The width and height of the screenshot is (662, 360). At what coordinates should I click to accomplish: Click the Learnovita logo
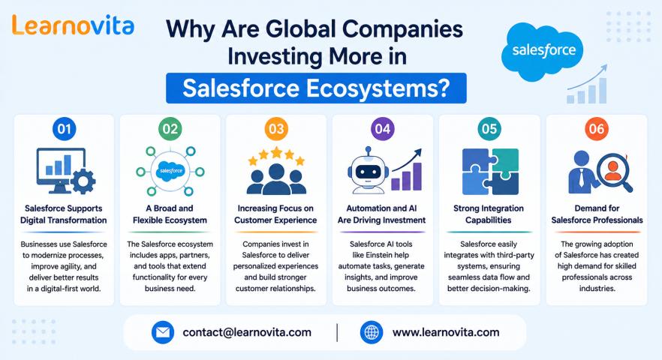click(x=73, y=25)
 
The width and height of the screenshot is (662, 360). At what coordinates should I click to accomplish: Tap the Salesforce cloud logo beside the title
click(x=543, y=51)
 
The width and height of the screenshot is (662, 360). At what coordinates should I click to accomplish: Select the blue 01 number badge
click(x=65, y=129)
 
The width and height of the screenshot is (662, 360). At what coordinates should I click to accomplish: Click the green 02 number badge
click(x=170, y=129)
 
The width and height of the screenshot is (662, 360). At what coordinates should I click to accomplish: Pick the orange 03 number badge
click(x=276, y=129)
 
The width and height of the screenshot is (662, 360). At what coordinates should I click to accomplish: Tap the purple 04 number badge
click(x=383, y=129)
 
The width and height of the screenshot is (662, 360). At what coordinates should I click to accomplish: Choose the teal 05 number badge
click(x=489, y=129)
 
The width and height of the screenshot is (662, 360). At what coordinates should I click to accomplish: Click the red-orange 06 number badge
click(x=597, y=129)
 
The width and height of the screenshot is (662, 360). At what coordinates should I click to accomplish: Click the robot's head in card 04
click(x=368, y=170)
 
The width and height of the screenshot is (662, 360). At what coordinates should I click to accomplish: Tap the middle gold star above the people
click(x=276, y=152)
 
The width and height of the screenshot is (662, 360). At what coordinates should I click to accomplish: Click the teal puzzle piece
click(x=506, y=162)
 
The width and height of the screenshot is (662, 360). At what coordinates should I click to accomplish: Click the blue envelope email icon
click(x=163, y=332)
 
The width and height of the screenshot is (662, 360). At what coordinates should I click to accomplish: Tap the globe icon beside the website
click(x=372, y=332)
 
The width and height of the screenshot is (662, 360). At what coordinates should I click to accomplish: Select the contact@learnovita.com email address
click(x=247, y=332)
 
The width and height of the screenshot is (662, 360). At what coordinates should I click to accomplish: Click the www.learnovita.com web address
click(x=446, y=332)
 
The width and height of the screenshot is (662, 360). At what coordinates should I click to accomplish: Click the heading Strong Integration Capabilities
click(x=489, y=214)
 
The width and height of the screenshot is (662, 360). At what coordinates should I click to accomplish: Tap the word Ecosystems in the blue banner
click(x=377, y=88)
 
